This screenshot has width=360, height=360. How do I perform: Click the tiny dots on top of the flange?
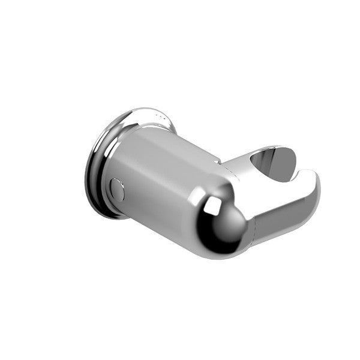click(157, 113)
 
